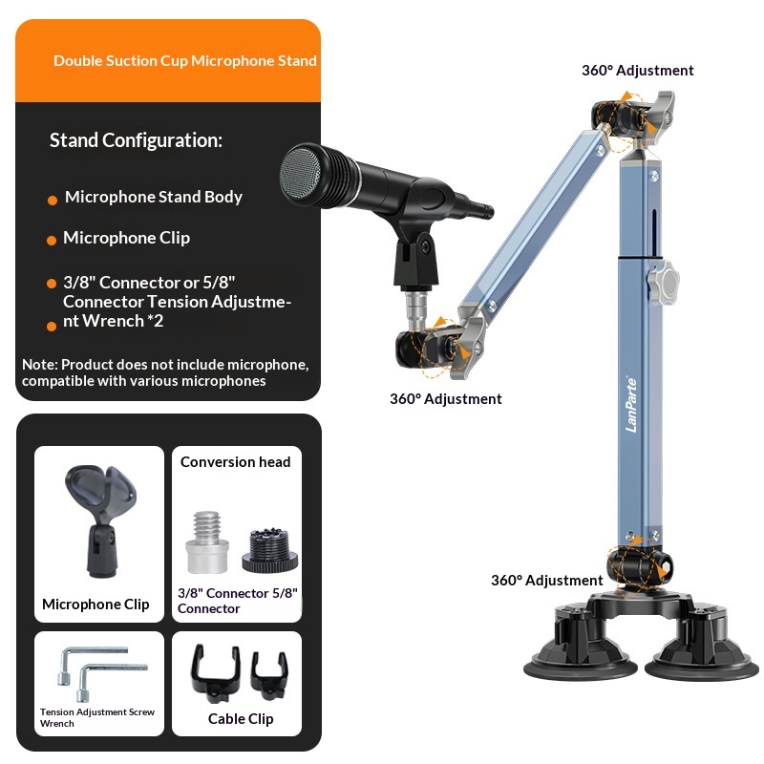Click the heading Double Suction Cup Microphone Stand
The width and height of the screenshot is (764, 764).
[x=185, y=61]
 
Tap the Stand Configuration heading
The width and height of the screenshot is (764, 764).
[x=136, y=140]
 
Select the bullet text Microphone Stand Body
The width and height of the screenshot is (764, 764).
[x=154, y=197]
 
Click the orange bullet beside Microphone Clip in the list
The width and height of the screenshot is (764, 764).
[x=52, y=240]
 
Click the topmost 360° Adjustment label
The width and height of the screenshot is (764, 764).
[x=637, y=71]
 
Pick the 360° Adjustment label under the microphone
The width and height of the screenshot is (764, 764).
[x=445, y=399]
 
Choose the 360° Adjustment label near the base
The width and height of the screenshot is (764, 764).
[x=546, y=581]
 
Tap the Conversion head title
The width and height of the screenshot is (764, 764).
[x=236, y=462]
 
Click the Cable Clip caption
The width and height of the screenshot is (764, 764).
[x=241, y=718]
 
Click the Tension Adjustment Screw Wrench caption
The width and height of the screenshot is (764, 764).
[x=97, y=718]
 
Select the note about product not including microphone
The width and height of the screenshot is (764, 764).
[x=165, y=373]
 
